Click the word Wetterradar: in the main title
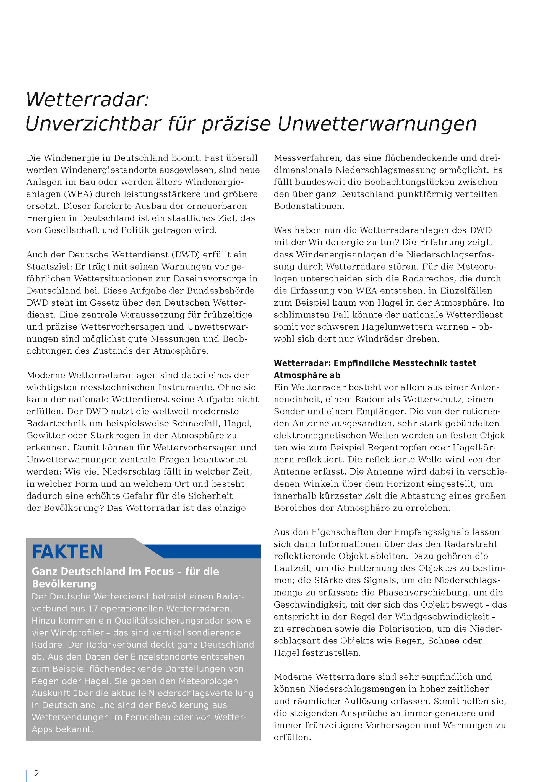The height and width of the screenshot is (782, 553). coord(88,100)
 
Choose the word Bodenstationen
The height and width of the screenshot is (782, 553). coord(309,206)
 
